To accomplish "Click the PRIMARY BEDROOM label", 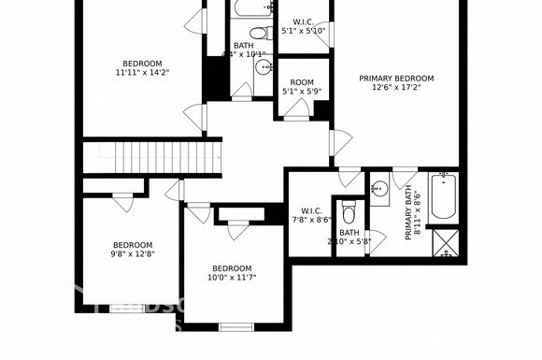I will (396, 79).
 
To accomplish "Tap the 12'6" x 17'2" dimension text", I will (396, 89).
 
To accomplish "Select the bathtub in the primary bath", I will (444, 199).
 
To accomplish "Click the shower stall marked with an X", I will (445, 242).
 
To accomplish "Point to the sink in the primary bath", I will (378, 189).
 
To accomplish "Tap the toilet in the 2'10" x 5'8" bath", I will (349, 207).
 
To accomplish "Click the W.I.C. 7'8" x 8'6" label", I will (312, 215).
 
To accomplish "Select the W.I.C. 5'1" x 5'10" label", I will (303, 26).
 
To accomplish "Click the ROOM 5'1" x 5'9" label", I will (303, 87).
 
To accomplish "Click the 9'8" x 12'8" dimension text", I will (132, 253).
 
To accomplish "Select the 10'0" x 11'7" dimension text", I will (231, 277).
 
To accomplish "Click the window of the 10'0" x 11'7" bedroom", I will (236, 326).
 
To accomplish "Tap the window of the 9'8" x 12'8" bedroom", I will (128, 308).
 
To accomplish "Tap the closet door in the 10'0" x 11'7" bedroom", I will (238, 228).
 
